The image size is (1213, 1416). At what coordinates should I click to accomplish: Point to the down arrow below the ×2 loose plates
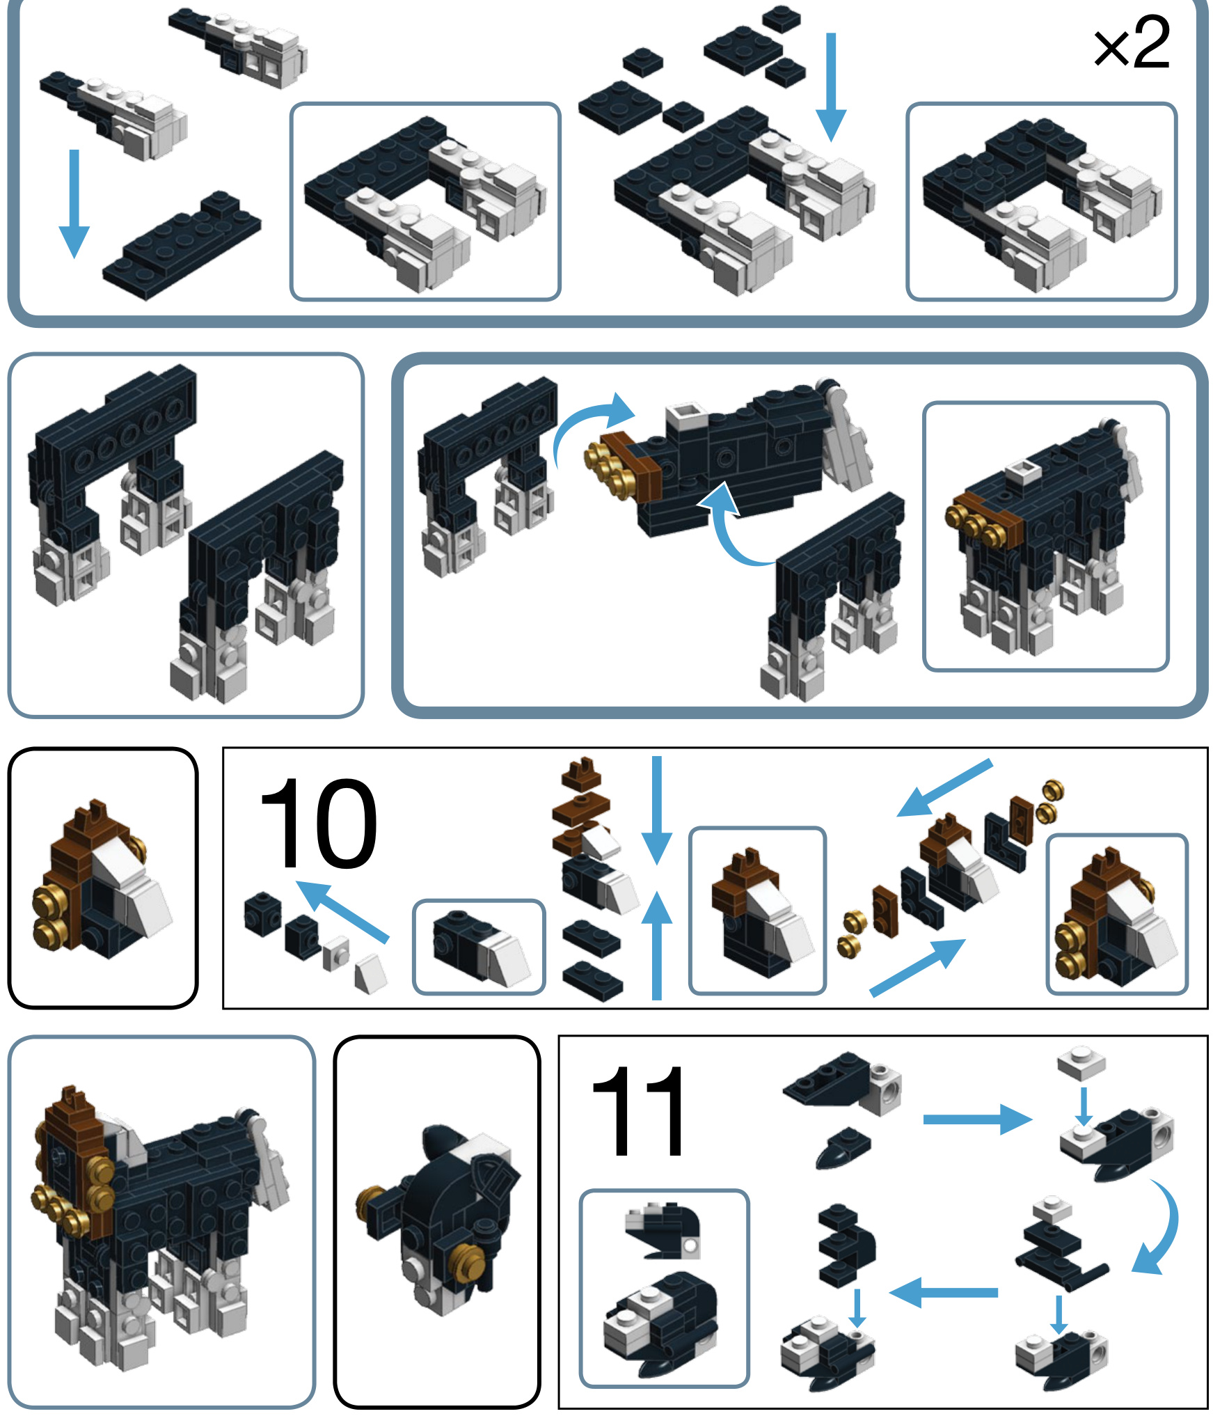pos(830,87)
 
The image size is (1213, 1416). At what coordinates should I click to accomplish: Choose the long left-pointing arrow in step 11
pos(943,1293)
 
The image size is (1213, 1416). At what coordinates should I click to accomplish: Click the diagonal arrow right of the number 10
pos(342,912)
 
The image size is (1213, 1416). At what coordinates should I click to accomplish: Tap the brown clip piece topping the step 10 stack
pos(582,773)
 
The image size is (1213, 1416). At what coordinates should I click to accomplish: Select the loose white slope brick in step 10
pos(371,975)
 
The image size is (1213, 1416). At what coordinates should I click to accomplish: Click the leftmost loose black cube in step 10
pos(263,914)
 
